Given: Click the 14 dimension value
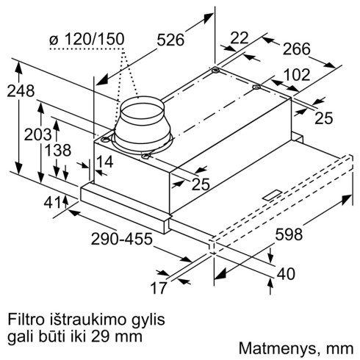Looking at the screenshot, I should pyautogui.click(x=104, y=162).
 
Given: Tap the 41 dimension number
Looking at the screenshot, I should pyautogui.click(x=52, y=203).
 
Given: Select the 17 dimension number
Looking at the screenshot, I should pyautogui.click(x=159, y=288).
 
